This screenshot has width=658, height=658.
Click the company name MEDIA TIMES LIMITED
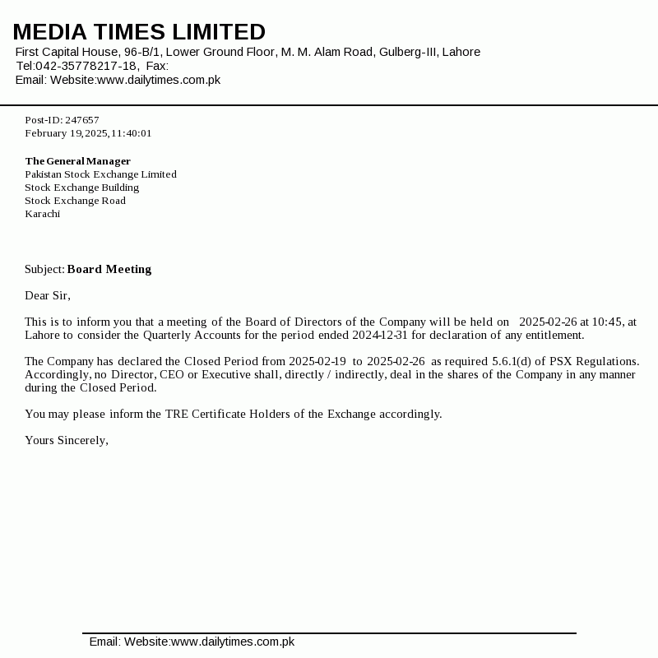(139, 32)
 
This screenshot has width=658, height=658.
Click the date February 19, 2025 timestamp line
(88, 133)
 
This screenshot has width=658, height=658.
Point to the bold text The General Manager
(77, 161)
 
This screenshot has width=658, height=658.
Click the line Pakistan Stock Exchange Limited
(100, 174)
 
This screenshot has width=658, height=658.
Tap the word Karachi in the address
(42, 214)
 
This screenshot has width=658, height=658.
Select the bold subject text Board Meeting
(109, 269)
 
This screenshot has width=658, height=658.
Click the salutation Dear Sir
(48, 295)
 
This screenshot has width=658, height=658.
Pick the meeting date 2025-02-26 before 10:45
(548, 322)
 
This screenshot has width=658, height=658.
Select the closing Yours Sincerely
(67, 440)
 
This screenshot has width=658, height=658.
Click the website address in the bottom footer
(232, 642)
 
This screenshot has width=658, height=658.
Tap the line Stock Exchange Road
(75, 201)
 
